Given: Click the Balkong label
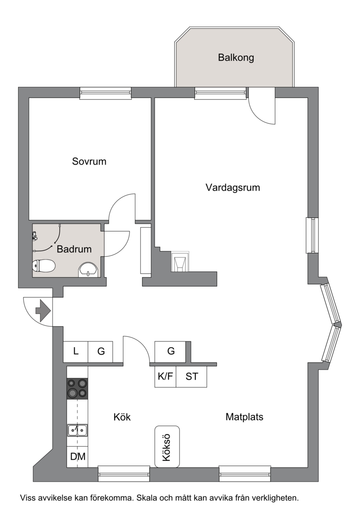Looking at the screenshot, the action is click(236, 58).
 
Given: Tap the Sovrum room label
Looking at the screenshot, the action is click(89, 161).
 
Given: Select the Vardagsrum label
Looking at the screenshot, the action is click(233, 188).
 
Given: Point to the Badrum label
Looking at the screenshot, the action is click(74, 249).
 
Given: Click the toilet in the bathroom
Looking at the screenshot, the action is click(44, 266).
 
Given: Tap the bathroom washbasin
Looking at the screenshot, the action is click(88, 270).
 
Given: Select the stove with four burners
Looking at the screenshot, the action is click(77, 389).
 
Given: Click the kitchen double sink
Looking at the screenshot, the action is click(77, 430).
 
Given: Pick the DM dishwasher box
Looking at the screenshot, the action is click(77, 457).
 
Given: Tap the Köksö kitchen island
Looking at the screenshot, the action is click(167, 447).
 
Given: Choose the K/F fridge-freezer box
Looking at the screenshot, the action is click(165, 377).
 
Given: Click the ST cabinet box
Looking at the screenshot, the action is click(191, 377).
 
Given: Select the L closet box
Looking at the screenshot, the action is click(76, 352).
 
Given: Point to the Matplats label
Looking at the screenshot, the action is click(244, 417).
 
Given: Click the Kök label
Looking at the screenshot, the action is click(122, 417).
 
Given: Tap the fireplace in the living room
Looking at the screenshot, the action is click(180, 262).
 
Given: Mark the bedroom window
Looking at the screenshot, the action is click(105, 94).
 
